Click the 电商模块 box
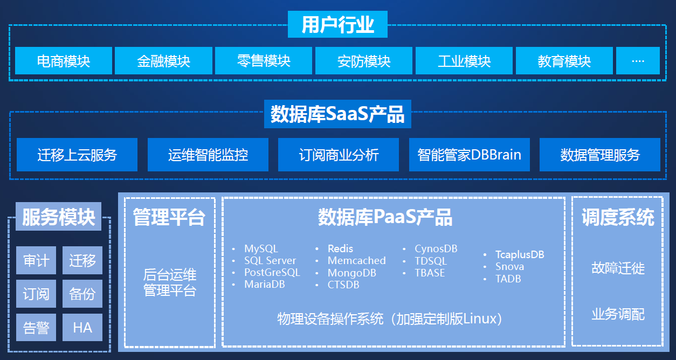[64, 61]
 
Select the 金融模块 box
[164, 61]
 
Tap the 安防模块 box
[364, 61]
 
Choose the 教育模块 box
[564, 61]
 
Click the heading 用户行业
[338, 25]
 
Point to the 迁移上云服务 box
[77, 155]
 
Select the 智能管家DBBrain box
[469, 155]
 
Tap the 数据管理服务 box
[600, 155]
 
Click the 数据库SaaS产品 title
[337, 114]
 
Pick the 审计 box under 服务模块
[36, 261]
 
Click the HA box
[82, 327]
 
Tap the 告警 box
[36, 327]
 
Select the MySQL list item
[261, 249]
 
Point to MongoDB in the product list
[351, 273]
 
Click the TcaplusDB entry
[520, 254]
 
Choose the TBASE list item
[430, 273]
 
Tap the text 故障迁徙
[618, 268]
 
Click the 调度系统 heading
[618, 218]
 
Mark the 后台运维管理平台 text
[170, 283]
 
